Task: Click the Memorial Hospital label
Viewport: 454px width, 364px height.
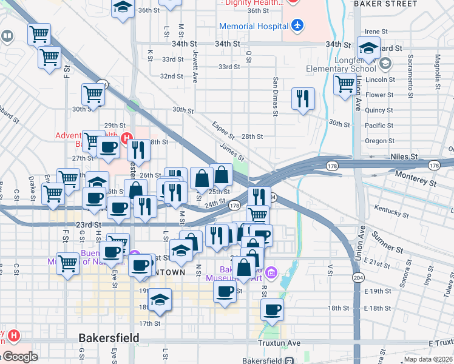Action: (253, 27)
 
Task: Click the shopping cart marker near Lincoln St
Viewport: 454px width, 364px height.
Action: (345, 84)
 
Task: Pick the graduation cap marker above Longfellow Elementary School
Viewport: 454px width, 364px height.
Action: (368, 47)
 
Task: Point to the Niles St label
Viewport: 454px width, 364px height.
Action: (405, 157)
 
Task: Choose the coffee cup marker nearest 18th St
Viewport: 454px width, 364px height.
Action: (272, 309)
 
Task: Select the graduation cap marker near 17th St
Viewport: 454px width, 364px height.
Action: (160, 300)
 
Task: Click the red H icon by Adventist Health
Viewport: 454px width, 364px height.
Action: (127, 138)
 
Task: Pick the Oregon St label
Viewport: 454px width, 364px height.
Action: (379, 141)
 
